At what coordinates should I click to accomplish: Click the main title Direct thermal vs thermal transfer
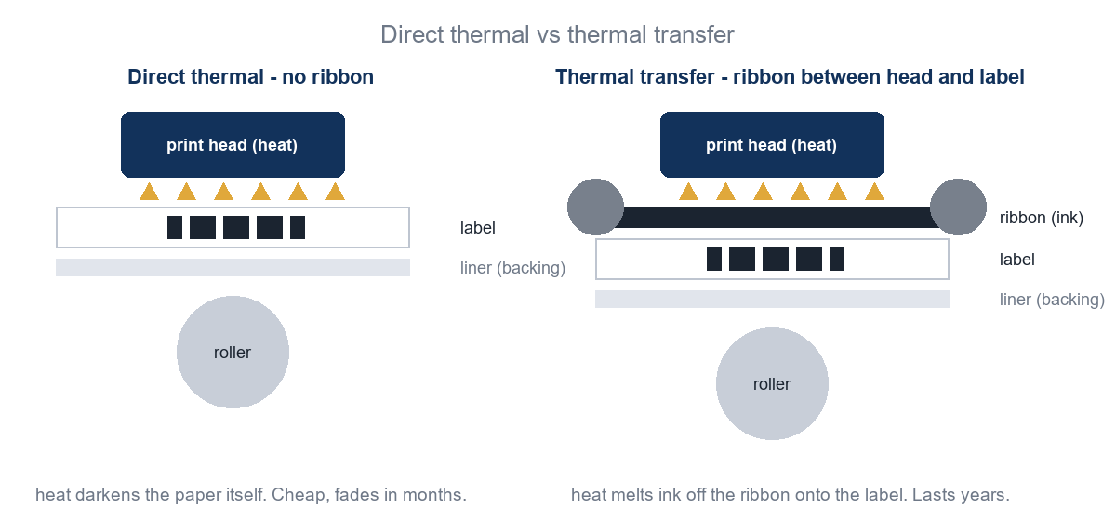pos(557,35)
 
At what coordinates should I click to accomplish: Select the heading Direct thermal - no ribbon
pos(250,77)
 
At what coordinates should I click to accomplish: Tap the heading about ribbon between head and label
pos(790,77)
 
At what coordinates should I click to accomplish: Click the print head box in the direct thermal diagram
pos(232,144)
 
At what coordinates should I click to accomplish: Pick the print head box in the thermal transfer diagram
pos(772,144)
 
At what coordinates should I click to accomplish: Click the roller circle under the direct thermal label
pos(232,352)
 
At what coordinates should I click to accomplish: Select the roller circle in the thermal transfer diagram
pos(772,384)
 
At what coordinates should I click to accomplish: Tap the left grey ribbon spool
pos(595,207)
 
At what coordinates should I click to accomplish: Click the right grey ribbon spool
pos(958,207)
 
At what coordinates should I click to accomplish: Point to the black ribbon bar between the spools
pos(777,218)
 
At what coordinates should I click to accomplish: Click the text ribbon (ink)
pos(1042,218)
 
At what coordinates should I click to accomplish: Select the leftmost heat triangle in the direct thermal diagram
pos(149,193)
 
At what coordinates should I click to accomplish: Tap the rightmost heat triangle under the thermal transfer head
pos(874,193)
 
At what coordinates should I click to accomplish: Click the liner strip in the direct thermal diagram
pos(232,267)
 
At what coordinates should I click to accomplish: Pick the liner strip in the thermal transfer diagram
pos(772,300)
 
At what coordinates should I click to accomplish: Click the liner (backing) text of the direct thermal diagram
pos(512,268)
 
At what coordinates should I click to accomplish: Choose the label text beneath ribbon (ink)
pos(1016,260)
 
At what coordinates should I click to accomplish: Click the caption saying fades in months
pos(251,495)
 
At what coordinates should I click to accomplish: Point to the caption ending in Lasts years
pos(790,495)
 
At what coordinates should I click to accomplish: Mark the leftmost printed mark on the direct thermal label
pos(175,227)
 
